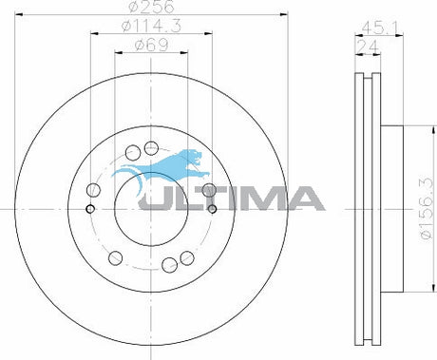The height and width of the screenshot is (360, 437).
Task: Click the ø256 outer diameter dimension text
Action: click(151, 7)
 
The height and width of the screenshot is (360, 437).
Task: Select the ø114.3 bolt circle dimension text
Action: click(151, 26)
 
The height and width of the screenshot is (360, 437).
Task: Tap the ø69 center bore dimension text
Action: click(151, 46)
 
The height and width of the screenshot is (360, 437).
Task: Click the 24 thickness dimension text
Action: click(368, 47)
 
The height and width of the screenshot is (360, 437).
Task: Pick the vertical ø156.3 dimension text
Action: click(426, 209)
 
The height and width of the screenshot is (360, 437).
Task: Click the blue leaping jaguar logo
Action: click(161, 170)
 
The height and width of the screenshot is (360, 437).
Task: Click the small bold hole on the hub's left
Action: click(90, 209)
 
